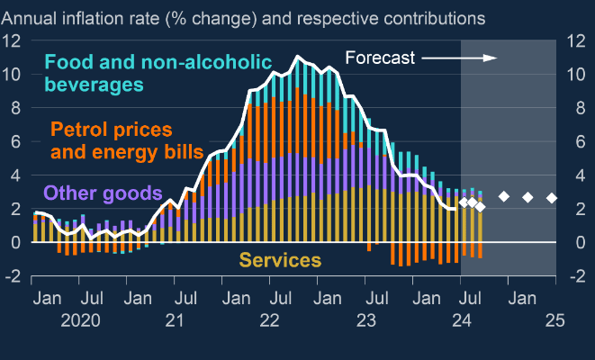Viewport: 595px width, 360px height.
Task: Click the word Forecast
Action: tap(380, 58)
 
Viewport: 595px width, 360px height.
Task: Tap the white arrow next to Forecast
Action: tap(459, 58)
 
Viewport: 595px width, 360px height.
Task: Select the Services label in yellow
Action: tap(280, 261)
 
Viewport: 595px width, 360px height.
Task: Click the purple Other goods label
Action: tap(103, 193)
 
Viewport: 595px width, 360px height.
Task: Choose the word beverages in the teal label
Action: tap(95, 85)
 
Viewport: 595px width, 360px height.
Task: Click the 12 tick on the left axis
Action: tap(13, 40)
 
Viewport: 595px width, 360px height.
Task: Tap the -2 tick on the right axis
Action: tap(567, 276)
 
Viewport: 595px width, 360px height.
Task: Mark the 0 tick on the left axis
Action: tap(17, 242)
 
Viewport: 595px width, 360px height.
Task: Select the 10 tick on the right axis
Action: tap(567, 74)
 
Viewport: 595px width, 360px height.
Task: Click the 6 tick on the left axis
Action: tap(17, 141)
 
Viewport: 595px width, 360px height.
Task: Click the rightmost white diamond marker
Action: tap(552, 198)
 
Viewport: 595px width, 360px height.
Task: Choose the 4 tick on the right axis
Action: tap(567, 175)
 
